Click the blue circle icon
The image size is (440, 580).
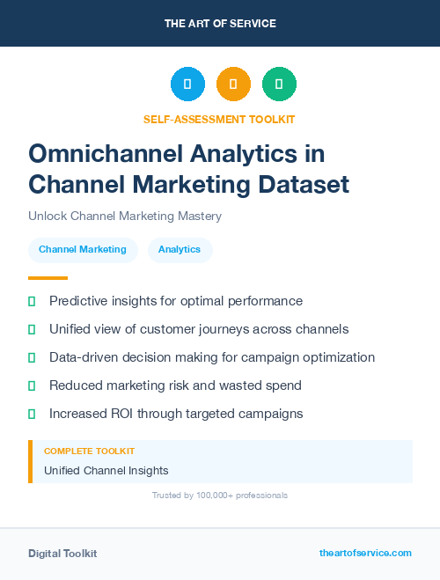(187, 84)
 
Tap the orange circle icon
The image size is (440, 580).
(233, 84)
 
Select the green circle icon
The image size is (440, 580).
(279, 84)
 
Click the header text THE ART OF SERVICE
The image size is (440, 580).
(220, 24)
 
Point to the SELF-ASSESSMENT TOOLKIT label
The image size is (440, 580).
(219, 119)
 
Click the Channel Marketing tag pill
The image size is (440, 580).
(83, 250)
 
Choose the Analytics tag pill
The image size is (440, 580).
(180, 250)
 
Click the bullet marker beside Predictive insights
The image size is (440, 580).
(32, 301)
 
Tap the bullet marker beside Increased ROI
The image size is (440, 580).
(32, 414)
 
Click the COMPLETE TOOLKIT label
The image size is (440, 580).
(89, 451)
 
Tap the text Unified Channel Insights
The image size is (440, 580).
(106, 470)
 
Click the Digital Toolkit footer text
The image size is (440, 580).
(62, 554)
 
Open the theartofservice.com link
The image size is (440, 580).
(365, 553)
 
